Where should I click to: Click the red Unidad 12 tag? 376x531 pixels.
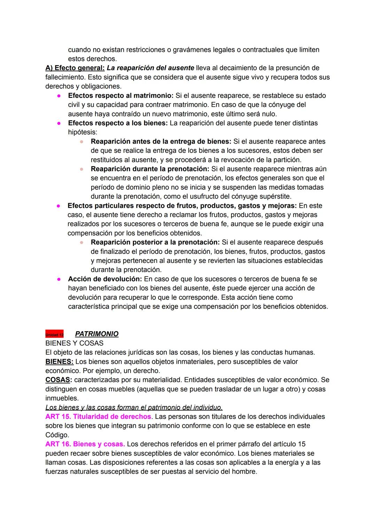[x=54, y=334]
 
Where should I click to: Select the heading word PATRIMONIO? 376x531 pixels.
[x=96, y=334]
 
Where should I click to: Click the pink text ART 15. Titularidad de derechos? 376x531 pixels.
[x=98, y=416]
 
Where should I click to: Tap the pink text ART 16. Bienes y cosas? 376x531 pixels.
[x=85, y=444]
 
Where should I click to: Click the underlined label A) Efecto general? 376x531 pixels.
[x=75, y=68]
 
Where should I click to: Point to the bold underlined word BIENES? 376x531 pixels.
[x=59, y=362]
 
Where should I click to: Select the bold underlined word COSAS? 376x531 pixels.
[x=57, y=380]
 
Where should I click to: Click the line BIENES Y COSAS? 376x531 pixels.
[x=74, y=343]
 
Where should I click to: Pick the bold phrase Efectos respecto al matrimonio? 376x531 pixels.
[x=121, y=95]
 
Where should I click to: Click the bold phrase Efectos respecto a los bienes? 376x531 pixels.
[x=118, y=123]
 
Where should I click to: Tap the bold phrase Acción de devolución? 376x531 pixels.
[x=105, y=279]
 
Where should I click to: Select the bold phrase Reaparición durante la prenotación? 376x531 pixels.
[x=150, y=169]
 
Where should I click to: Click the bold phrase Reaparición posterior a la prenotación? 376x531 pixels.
[x=155, y=242]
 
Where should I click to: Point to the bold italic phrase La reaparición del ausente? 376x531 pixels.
[x=150, y=68]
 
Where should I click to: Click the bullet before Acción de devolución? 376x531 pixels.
[x=59, y=279]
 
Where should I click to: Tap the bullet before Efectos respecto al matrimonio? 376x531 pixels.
[x=59, y=96]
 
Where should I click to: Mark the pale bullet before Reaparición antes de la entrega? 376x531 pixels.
[x=81, y=142]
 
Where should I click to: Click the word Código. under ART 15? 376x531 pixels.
[x=57, y=435]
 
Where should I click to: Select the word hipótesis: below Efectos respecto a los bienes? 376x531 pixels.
[x=83, y=132]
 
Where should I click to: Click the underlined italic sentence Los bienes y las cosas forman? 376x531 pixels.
[x=134, y=407]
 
